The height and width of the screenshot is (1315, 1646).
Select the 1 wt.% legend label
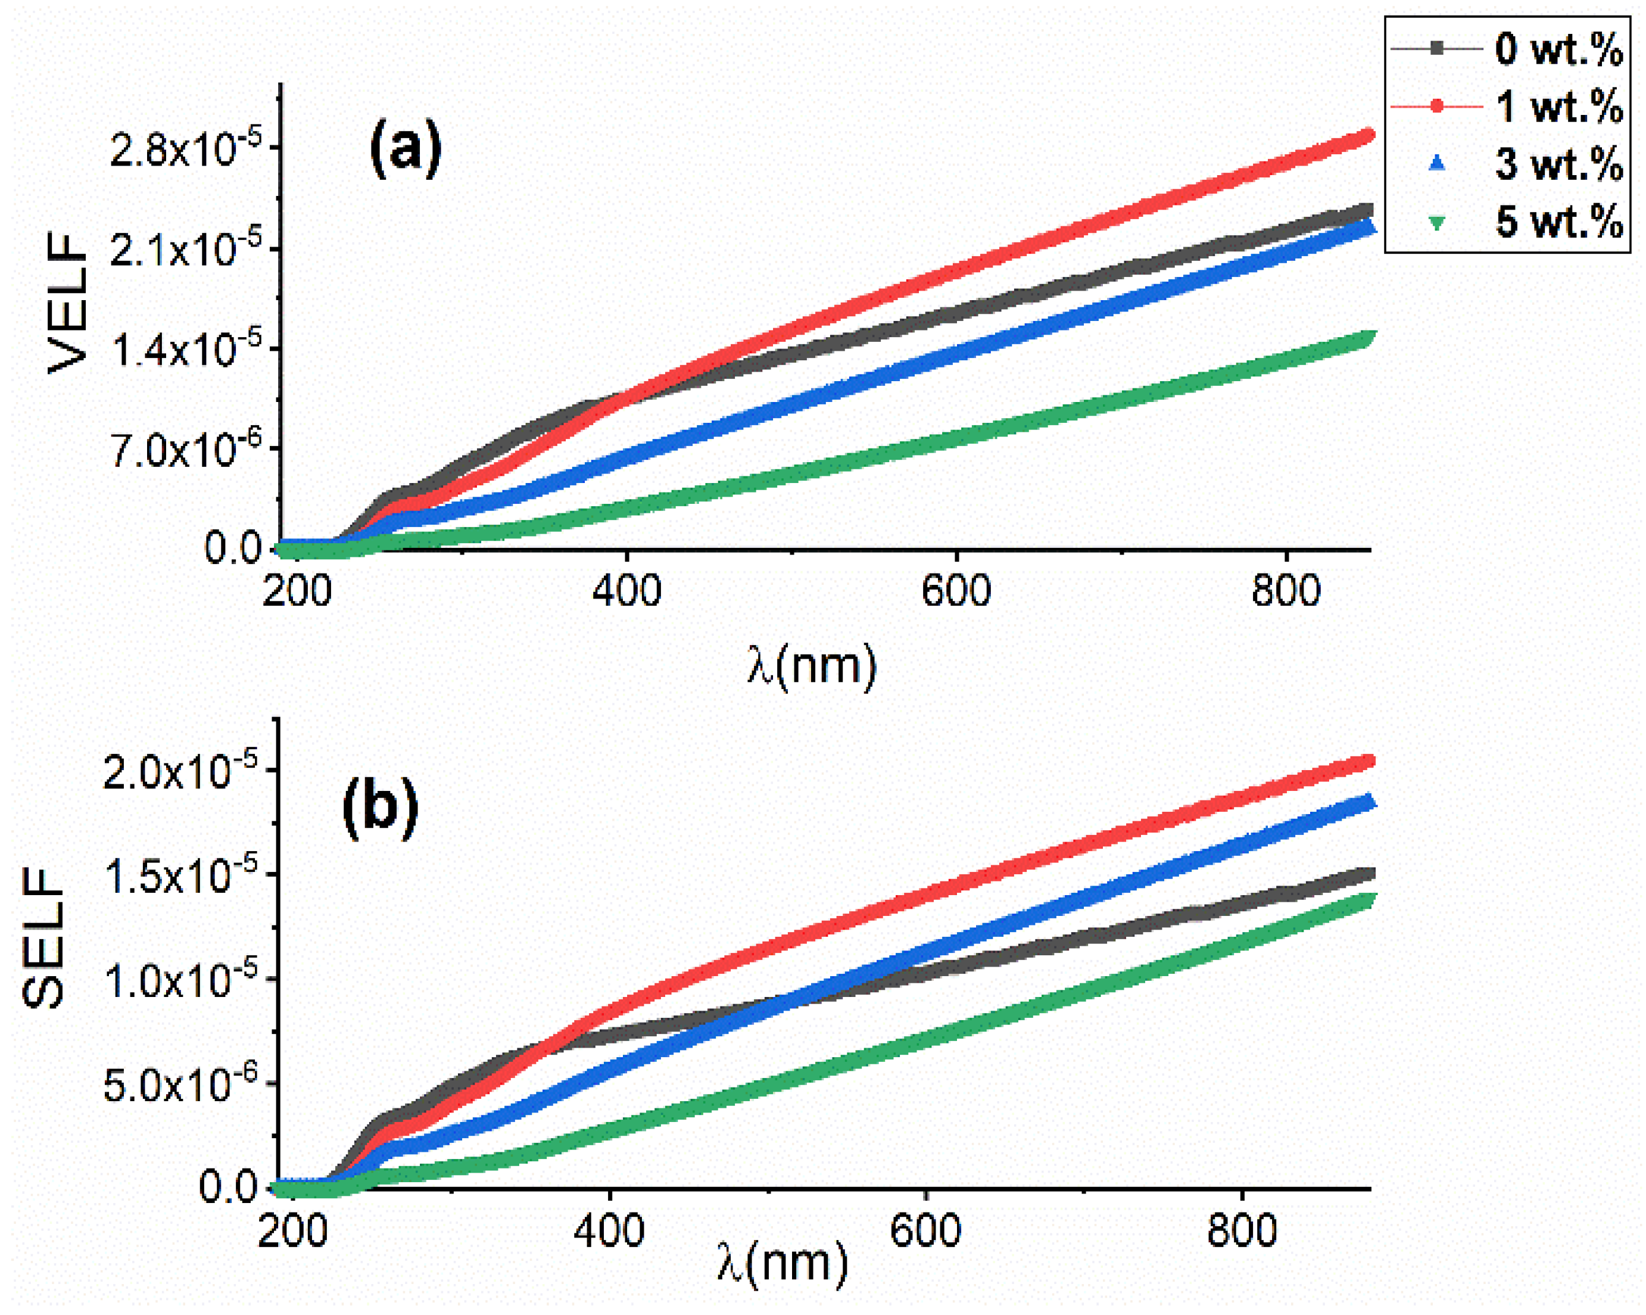point(1557,107)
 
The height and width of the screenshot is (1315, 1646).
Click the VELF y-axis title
point(67,303)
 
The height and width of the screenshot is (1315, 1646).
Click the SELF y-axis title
point(43,939)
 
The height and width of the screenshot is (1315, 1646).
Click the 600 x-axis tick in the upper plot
point(956,591)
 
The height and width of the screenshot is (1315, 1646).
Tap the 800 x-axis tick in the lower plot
point(1242,1231)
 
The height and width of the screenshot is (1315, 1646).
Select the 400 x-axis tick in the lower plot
point(609,1231)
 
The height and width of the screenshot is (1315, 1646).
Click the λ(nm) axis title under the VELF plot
point(812,666)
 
